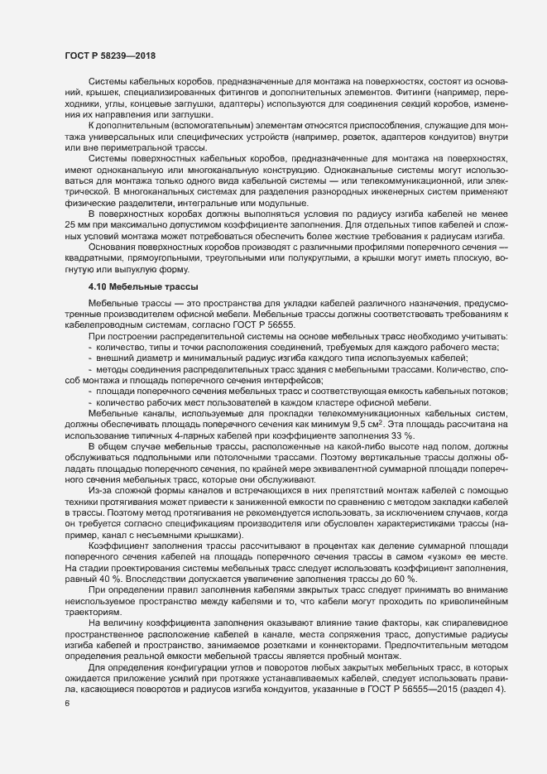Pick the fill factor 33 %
click(x=392, y=434)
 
